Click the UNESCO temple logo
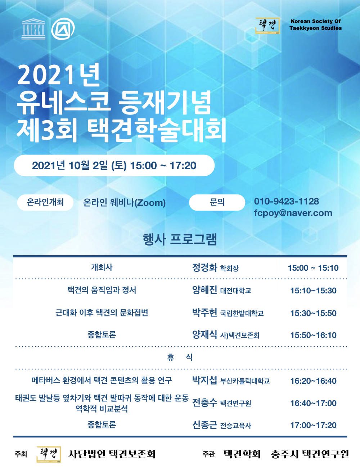tap(33, 29)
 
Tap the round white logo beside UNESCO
tap(63, 29)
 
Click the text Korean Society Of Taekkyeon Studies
tap(315, 25)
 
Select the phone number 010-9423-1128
tap(286, 201)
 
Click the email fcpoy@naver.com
tap(293, 213)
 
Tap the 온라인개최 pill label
tap(45, 202)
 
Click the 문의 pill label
tap(217, 202)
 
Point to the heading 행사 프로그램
tap(180, 239)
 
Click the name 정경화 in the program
tap(204, 267)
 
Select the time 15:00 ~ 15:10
tap(313, 268)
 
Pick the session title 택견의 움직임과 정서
tap(102, 290)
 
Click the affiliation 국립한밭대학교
tap(242, 313)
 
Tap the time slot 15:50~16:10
tap(313, 335)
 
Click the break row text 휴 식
tap(180, 357)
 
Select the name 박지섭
tap(204, 381)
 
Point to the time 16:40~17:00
tap(313, 403)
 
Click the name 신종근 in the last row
tap(204, 425)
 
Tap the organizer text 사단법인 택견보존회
tap(112, 454)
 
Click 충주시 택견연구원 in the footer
tap(310, 454)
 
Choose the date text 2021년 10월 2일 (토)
tap(79, 165)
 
